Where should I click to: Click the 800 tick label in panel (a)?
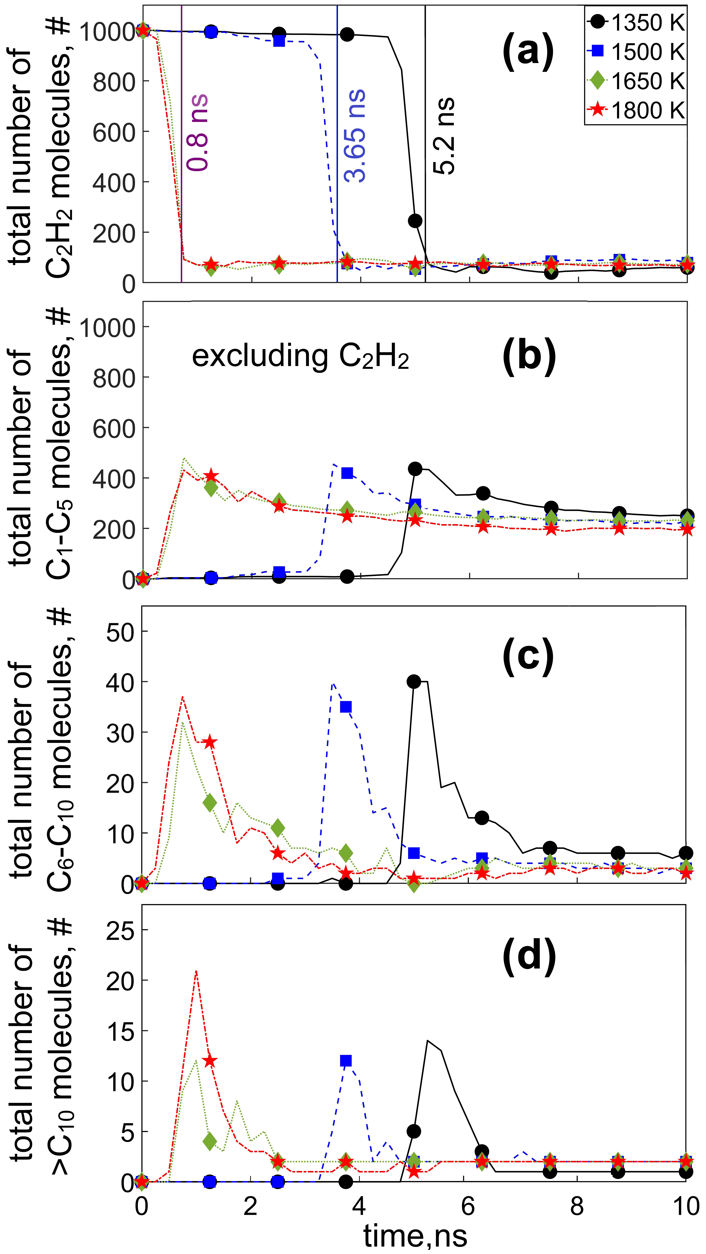click(x=114, y=82)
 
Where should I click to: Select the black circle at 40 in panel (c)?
click(x=414, y=681)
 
